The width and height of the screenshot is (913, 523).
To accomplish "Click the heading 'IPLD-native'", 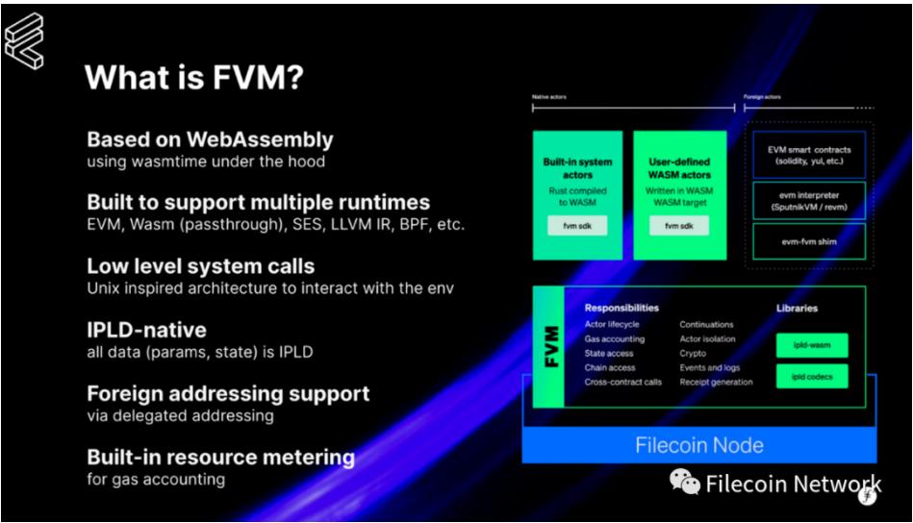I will click(x=146, y=330).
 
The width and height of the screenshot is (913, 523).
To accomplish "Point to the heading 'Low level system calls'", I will click(x=200, y=266).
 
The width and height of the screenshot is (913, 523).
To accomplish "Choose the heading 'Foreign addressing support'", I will click(x=228, y=394).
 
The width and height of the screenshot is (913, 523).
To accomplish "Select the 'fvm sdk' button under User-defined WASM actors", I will click(x=679, y=226).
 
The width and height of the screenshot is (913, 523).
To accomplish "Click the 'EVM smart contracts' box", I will click(x=808, y=155).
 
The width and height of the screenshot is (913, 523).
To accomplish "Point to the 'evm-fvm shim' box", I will click(x=808, y=242).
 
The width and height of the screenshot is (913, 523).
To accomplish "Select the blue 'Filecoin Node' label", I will click(x=698, y=445).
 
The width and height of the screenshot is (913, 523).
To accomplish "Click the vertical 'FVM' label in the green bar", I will click(x=549, y=349).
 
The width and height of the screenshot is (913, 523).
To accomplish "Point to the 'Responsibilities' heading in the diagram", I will click(x=621, y=309).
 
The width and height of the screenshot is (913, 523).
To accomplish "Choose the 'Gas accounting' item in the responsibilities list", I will click(x=615, y=339).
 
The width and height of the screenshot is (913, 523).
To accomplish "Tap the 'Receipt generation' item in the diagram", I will click(x=717, y=382).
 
